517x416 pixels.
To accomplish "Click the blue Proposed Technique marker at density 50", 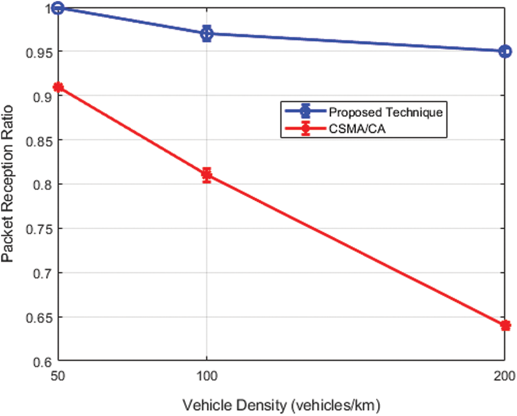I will pos(58,8).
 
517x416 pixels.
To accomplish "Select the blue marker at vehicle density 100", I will pos(207,34).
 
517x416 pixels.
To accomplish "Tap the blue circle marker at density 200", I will pos(505,52).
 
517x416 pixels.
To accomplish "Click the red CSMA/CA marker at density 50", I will pos(58,87).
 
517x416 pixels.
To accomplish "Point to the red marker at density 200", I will pos(505,325).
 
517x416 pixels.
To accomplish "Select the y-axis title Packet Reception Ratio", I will pos(9,184).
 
